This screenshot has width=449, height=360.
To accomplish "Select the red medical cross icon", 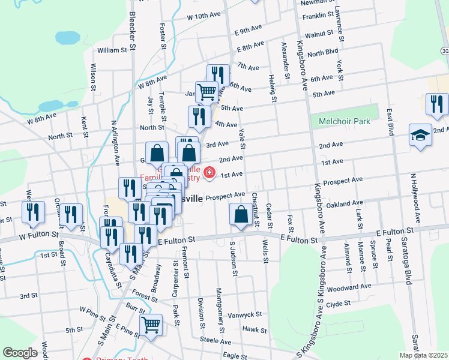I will (x=209, y=173).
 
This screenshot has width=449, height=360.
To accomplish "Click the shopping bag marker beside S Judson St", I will (x=241, y=215).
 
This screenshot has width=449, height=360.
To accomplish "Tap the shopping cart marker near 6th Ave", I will (x=206, y=92).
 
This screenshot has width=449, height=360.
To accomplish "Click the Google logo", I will (x=20, y=353).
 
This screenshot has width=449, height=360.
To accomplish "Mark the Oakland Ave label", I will (x=346, y=203).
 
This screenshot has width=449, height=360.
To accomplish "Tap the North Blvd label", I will (x=323, y=52).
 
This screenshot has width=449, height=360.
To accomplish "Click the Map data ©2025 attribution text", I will (x=423, y=355).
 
